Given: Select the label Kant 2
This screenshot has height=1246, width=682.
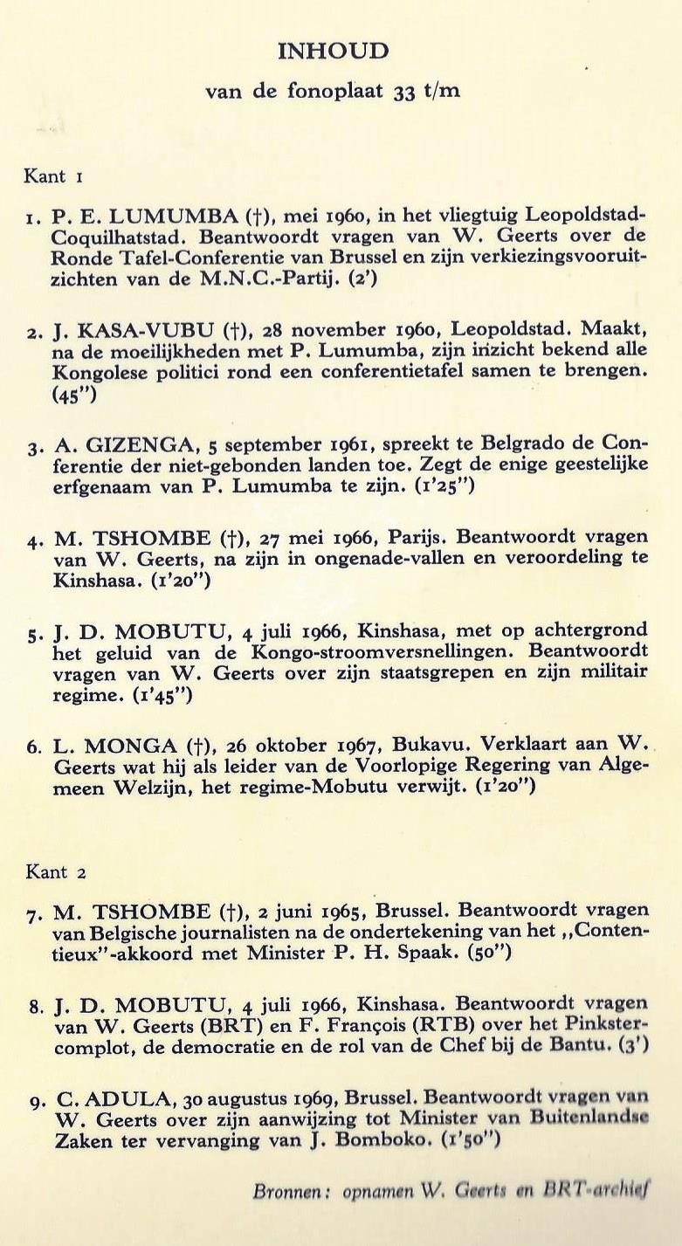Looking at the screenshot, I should pyautogui.click(x=55, y=871).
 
